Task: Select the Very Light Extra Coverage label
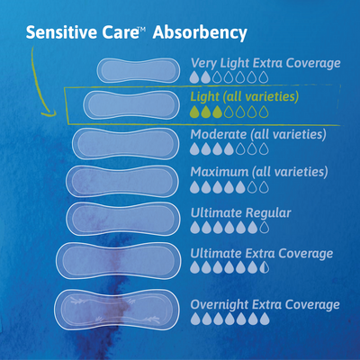point(265,63)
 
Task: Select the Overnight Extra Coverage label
point(265,305)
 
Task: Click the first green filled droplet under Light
point(195,112)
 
